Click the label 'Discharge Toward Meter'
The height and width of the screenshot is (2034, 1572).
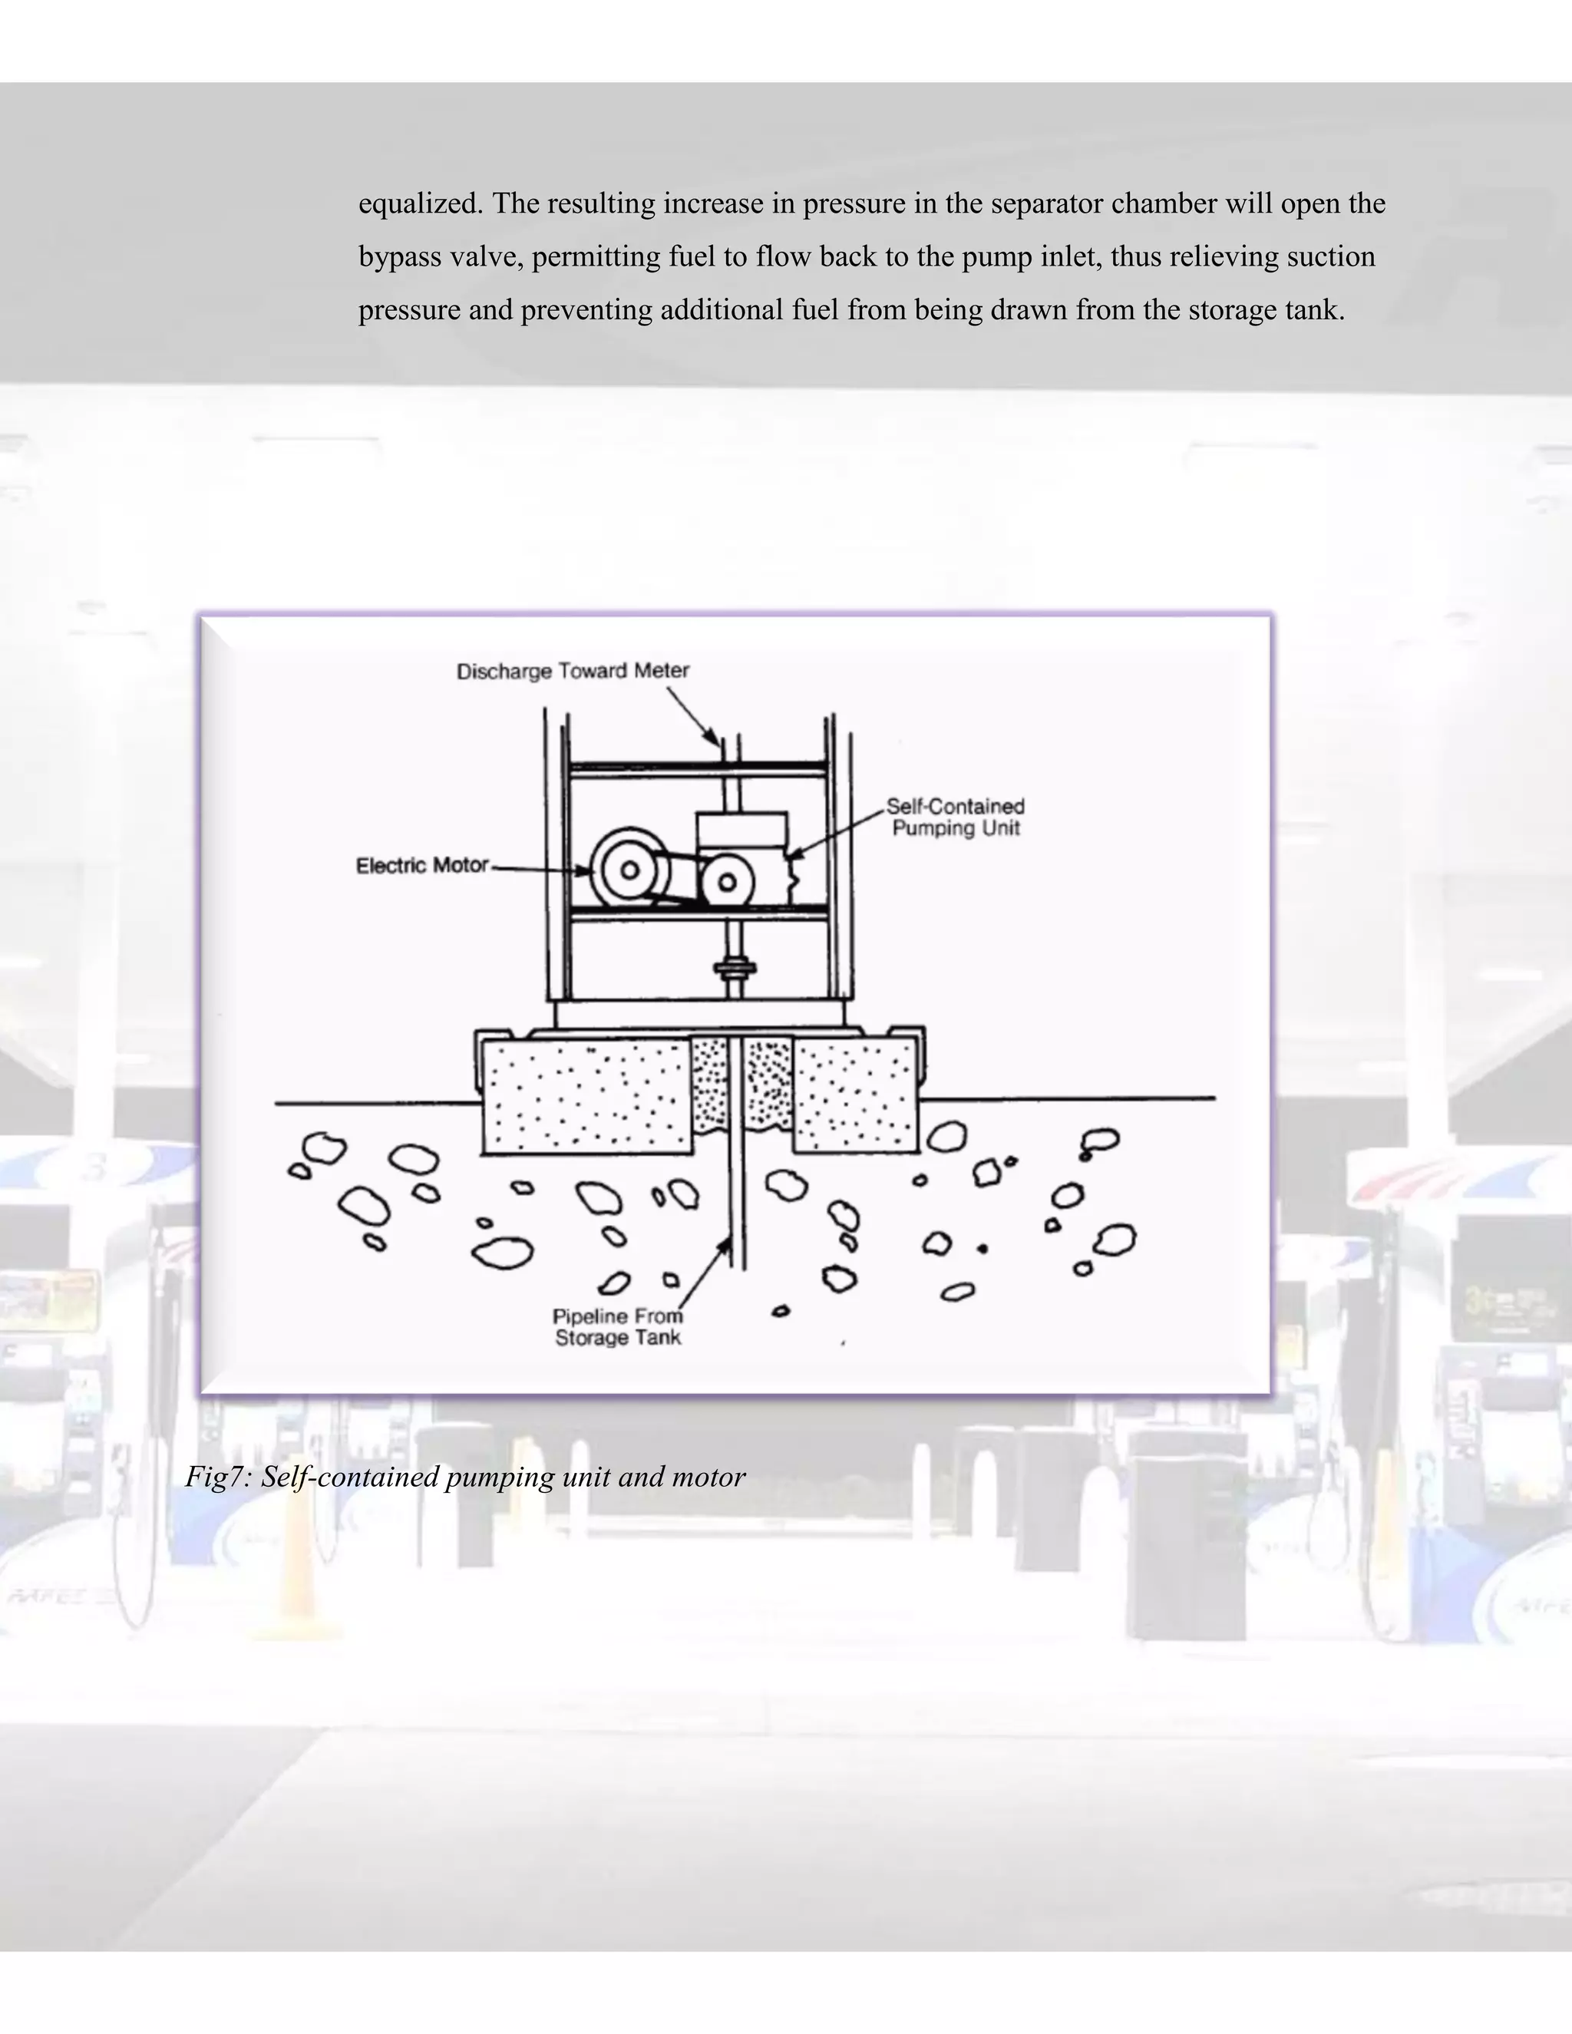(x=572, y=672)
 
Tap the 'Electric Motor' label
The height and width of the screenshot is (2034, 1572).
(x=422, y=866)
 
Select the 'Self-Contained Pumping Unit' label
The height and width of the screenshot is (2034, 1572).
(x=956, y=817)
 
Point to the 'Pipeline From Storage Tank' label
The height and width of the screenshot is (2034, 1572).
(x=617, y=1327)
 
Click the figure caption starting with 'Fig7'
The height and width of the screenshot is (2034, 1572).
(x=464, y=1477)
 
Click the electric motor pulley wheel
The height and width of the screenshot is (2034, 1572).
(x=629, y=870)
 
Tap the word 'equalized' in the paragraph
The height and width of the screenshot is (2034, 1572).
(x=420, y=204)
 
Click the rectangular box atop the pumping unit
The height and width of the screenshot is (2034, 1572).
(x=741, y=830)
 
